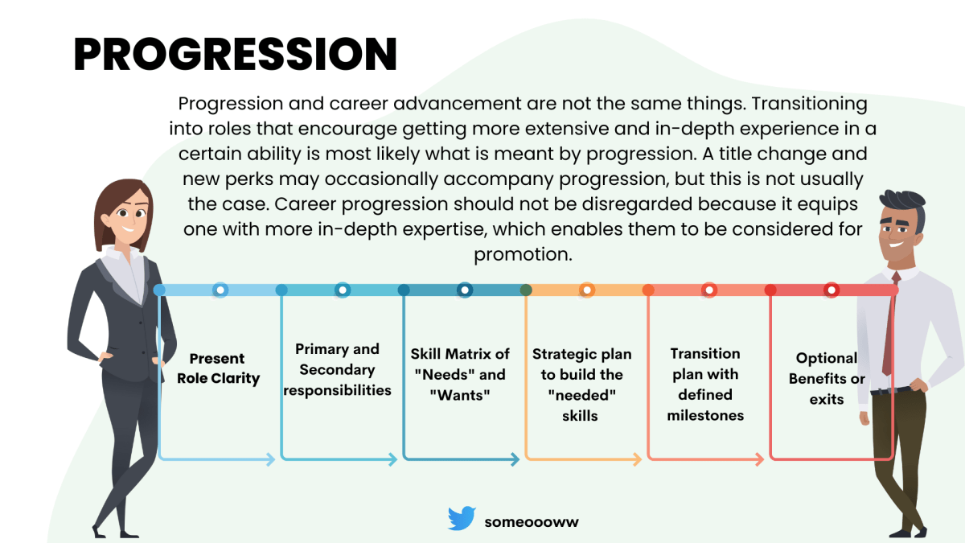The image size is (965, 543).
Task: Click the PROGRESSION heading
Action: [x=235, y=55]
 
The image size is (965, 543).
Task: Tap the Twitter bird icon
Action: [x=462, y=519]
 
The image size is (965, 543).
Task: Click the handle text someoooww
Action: [x=532, y=521]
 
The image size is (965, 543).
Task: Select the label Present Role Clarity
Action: [x=217, y=368]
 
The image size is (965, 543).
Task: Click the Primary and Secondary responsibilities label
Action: [x=337, y=369]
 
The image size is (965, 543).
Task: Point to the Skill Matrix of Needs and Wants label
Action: [x=460, y=374]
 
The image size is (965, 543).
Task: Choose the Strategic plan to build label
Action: [x=582, y=385]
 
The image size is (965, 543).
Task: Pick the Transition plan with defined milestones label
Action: [x=705, y=385]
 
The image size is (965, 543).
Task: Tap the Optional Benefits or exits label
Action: [x=827, y=378]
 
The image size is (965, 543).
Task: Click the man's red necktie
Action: [x=889, y=330]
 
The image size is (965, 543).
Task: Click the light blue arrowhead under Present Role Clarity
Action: [x=270, y=459]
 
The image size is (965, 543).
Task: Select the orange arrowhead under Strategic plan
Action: [x=636, y=460]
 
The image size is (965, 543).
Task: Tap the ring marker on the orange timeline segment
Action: [x=587, y=290]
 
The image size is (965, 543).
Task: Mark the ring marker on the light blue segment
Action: [x=220, y=290]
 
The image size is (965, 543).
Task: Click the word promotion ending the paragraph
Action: [x=523, y=254]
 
